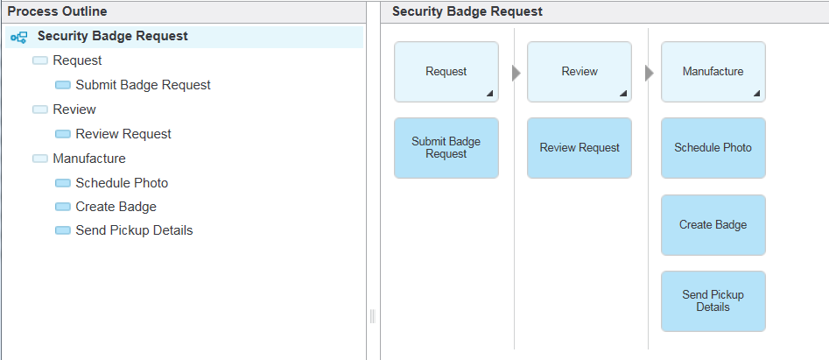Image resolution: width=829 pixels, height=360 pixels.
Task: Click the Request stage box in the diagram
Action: click(446, 72)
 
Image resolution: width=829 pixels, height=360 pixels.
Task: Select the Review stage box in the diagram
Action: click(580, 72)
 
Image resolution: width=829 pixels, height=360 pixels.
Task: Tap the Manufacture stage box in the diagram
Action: click(713, 72)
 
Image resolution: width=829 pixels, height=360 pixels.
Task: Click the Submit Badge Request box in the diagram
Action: click(446, 148)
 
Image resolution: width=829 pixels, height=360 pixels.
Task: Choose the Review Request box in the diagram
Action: click(580, 148)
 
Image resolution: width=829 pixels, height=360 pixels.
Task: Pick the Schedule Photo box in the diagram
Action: click(713, 148)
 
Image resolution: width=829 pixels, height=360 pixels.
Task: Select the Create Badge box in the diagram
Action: click(713, 225)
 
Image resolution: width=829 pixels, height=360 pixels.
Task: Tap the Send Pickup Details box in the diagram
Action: click(713, 301)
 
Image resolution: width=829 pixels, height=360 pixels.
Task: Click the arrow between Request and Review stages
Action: click(516, 74)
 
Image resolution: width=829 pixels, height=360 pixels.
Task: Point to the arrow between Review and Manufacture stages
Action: click(650, 74)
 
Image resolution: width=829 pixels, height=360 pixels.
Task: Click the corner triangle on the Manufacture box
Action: click(757, 94)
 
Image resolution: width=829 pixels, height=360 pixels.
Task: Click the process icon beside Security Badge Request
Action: click(19, 37)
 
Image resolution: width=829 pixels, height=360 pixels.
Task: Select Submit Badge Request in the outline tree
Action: click(143, 85)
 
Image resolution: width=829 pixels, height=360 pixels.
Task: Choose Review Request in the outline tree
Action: click(123, 134)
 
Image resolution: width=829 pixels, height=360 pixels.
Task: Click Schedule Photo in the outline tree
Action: click(122, 183)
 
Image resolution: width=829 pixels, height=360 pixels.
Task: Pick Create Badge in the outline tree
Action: click(116, 207)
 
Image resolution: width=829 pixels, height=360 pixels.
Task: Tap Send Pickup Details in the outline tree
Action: click(134, 230)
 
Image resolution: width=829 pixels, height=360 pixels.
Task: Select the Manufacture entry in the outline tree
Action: click(88, 159)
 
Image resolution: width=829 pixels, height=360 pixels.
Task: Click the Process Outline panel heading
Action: click(57, 11)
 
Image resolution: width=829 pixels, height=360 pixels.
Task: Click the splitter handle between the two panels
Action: click(373, 316)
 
